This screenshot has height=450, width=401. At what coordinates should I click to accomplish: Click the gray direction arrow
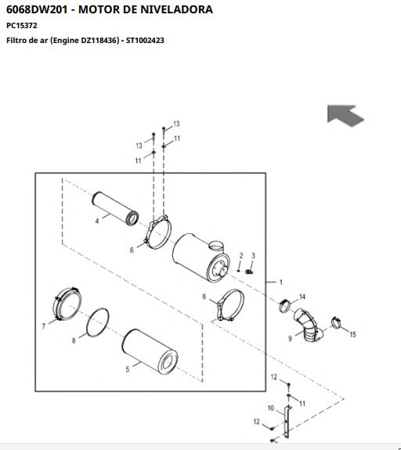coord(345,115)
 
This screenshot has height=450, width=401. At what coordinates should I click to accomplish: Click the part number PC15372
coord(22,26)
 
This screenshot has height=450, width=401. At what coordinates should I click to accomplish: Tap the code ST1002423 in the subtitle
coord(145,40)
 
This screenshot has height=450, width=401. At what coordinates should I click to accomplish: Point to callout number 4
coord(97,221)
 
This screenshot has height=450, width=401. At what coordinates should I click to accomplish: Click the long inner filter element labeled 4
coord(115,208)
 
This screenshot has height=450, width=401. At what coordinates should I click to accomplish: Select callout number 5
coord(128,369)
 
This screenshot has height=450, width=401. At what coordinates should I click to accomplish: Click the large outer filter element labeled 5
coord(150,352)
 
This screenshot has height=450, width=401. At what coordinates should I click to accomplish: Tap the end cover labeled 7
coord(67,304)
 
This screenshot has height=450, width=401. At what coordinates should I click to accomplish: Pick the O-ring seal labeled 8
coord(98,322)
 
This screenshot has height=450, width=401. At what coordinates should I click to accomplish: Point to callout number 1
coord(281,282)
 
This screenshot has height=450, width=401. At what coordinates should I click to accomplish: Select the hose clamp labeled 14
coord(284,306)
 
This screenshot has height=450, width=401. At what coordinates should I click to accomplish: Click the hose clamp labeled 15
coord(336,322)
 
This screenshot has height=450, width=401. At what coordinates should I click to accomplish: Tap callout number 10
coord(270,408)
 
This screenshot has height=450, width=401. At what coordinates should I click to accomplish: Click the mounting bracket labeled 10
coord(287,422)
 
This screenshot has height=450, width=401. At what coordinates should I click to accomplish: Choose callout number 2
coord(241,255)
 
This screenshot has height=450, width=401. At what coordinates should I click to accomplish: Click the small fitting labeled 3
coord(249,272)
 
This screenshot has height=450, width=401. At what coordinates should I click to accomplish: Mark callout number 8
coord(74,340)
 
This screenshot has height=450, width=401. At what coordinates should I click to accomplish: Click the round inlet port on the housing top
coord(216,246)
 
